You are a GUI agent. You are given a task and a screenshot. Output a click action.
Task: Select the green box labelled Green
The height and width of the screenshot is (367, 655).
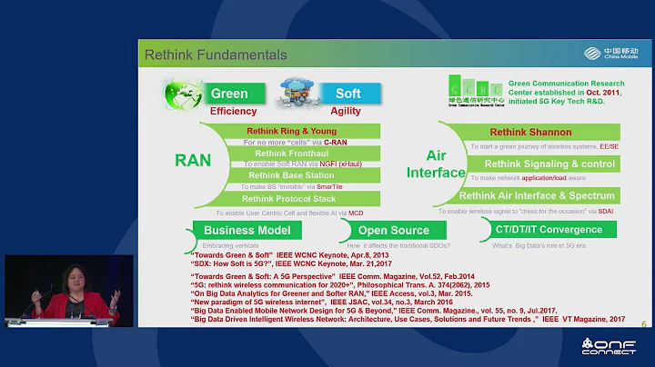point(228,94)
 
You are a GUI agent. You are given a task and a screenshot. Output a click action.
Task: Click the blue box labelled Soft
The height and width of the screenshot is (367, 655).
point(348,94)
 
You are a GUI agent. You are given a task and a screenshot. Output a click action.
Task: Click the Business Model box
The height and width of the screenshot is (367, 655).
point(247,231)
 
